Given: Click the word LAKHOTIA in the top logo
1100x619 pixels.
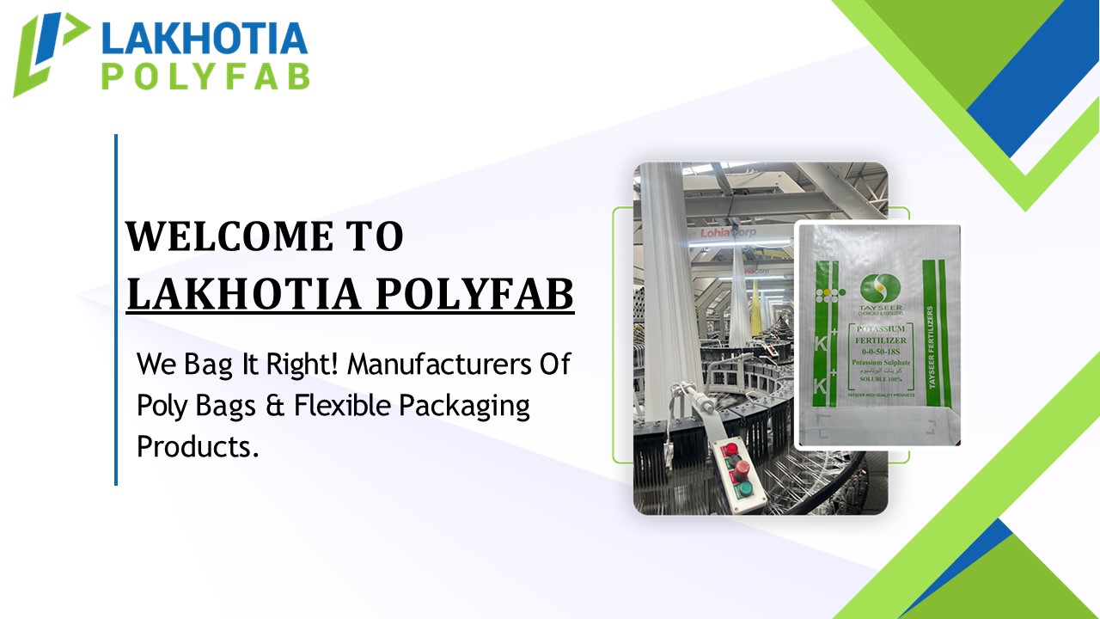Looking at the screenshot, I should [x=205, y=39].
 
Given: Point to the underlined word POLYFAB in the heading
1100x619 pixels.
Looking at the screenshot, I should [x=475, y=294].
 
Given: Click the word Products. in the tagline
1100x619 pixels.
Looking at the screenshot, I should [x=198, y=446].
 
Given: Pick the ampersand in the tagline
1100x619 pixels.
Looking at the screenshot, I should [x=275, y=406].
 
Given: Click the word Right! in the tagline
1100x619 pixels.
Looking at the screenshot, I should [x=299, y=364].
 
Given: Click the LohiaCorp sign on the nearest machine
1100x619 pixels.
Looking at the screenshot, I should [x=727, y=232].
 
